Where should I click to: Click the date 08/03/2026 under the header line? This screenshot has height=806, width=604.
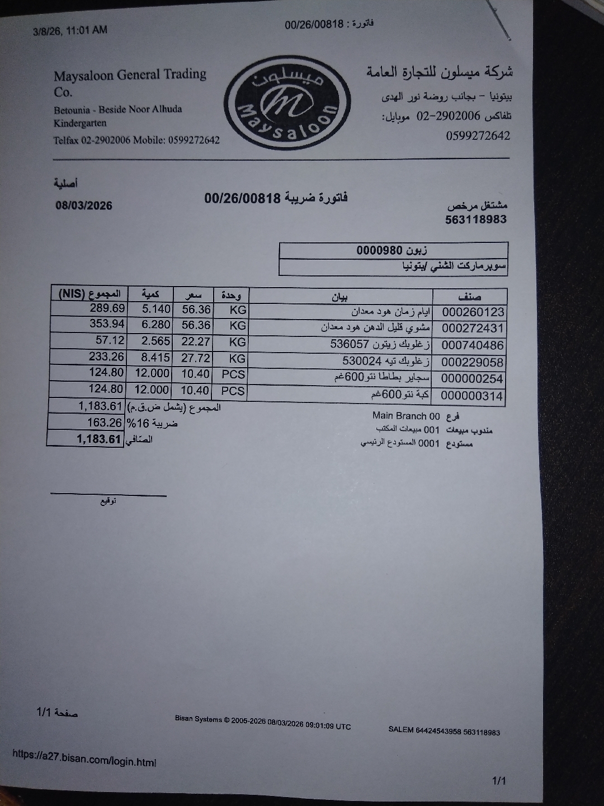point(84,205)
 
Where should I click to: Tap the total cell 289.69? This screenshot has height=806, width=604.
point(107,308)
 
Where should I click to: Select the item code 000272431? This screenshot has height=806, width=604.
point(473,329)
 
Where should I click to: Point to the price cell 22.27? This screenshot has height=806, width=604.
point(196,341)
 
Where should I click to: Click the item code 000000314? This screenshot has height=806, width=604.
point(473,396)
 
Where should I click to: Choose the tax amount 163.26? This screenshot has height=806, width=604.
point(104,423)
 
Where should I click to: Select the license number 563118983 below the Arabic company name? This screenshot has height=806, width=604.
point(476,219)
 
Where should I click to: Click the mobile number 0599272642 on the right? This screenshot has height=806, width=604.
point(478,136)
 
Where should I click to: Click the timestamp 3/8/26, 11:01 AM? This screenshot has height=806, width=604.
point(70,30)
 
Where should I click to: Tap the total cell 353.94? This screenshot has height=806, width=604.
point(107,324)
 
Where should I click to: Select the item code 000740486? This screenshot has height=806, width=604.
point(473,345)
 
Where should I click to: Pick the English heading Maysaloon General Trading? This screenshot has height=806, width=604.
point(130,74)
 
